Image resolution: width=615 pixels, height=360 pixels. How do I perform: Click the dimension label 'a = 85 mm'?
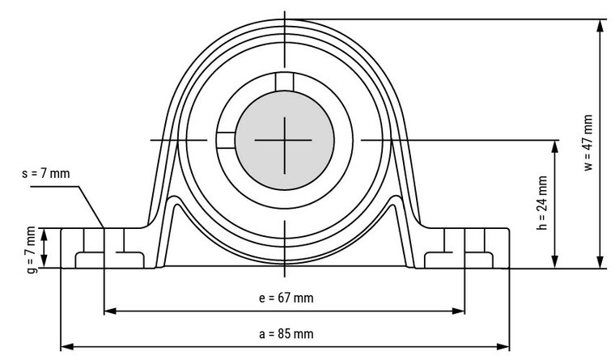point(286,334)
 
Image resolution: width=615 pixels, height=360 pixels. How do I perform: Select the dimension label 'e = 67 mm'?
point(286,298)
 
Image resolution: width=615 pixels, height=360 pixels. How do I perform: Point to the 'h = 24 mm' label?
point(542,203)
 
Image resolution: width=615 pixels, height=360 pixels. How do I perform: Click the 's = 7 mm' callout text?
point(46,173)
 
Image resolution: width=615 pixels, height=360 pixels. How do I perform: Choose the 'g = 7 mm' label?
point(31,248)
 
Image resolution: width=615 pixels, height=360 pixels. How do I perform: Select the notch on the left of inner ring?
point(225,140)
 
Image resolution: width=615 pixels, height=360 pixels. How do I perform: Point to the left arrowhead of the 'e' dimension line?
point(109,310)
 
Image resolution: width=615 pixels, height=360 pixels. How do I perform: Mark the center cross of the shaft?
point(284,140)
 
